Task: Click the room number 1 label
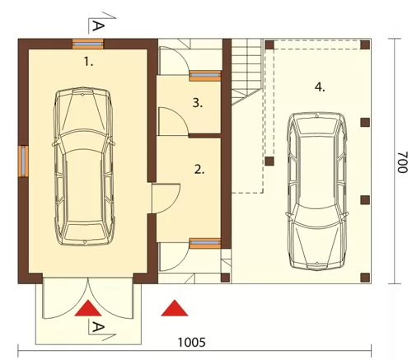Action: [88, 62]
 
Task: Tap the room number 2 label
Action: [199, 170]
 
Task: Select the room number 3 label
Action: [198, 103]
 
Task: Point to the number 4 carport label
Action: [320, 87]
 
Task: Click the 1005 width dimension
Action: [191, 343]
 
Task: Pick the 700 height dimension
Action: [402, 162]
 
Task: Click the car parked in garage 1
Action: [84, 166]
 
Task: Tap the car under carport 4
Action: [316, 191]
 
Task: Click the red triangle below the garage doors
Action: [88, 308]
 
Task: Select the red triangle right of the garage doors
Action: [175, 308]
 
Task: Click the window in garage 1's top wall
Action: [88, 44]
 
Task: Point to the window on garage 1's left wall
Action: [23, 161]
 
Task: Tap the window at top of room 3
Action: [205, 75]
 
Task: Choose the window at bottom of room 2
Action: [205, 243]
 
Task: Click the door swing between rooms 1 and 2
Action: [166, 199]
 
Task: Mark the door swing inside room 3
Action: [173, 121]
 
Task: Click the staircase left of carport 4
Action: [246, 72]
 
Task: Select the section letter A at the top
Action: [98, 26]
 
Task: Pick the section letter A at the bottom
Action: [98, 327]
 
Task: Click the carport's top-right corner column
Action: [365, 44]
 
